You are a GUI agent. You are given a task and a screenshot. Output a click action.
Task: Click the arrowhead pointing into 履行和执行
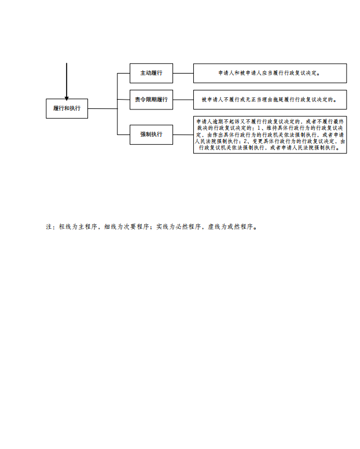tap(67, 98)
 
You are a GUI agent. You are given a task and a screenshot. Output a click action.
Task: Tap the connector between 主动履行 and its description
tap(183, 74)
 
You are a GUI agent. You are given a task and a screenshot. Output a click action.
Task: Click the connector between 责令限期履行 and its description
tap(183, 100)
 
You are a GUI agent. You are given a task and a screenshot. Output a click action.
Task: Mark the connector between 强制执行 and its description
tap(183, 134)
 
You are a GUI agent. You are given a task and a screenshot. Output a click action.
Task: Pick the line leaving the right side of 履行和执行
tap(102, 108)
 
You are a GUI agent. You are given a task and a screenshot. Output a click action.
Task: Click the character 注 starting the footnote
tap(49, 227)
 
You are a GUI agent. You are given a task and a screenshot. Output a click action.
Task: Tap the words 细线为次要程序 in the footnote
tap(127, 227)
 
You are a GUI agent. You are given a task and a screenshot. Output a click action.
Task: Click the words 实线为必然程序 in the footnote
tap(178, 227)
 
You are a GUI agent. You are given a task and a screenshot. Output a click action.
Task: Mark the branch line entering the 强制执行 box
tap(124, 134)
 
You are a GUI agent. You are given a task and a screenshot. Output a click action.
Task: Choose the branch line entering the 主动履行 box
tap(124, 74)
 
